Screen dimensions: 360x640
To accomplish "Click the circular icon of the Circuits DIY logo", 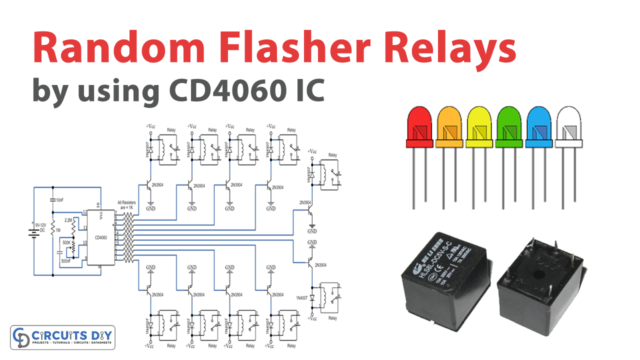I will pos(21,336).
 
